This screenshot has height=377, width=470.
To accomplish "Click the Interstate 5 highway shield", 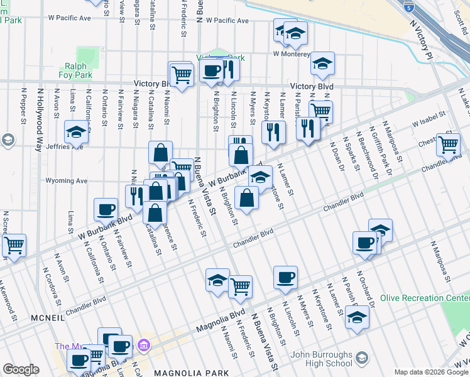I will click(409, 8).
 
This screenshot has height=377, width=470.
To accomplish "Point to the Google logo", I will click(21, 369).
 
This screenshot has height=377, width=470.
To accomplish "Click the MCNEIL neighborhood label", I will click(47, 319).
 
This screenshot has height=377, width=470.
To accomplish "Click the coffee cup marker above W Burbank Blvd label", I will click(106, 209).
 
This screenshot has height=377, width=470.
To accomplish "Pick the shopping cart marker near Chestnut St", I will click(448, 144).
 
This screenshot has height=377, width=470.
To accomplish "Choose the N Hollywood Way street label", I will click(40, 119).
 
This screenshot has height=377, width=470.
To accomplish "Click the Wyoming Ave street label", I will click(67, 181).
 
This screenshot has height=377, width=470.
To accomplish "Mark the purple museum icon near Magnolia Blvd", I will click(144, 345).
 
